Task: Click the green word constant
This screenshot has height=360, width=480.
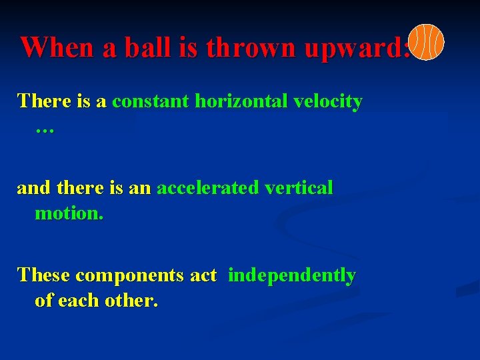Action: tap(151, 101)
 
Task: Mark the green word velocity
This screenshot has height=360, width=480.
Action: tap(327, 102)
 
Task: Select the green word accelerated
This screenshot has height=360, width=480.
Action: tap(207, 189)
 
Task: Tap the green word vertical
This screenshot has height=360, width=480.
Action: tap(299, 189)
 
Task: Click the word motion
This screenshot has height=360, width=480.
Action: tap(69, 213)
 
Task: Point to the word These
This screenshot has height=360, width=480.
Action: tap(44, 275)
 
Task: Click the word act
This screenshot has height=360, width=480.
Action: tap(203, 275)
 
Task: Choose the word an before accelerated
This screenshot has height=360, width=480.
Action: tap(140, 189)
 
